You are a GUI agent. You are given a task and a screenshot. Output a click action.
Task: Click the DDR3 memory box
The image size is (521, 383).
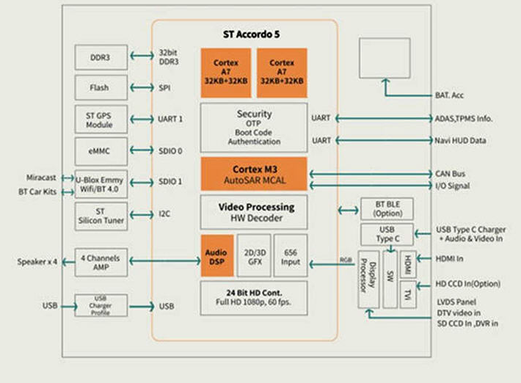click(x=101, y=57)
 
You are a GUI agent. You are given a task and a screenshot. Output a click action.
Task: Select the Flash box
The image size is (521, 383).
click(x=101, y=88)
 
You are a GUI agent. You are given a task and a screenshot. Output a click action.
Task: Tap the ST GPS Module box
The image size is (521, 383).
click(x=101, y=120)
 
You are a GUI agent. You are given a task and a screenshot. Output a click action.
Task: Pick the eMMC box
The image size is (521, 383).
click(x=101, y=151)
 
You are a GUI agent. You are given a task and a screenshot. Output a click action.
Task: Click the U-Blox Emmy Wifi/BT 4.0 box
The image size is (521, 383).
click(x=101, y=184)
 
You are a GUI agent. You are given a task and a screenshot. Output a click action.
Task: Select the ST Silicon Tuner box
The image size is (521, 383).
click(x=101, y=216)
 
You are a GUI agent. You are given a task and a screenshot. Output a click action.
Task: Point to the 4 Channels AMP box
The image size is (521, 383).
click(x=101, y=263)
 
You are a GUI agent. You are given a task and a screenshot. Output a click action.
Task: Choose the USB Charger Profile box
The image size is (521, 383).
click(x=101, y=305)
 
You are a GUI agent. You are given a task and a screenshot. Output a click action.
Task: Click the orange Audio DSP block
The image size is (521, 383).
click(x=217, y=256)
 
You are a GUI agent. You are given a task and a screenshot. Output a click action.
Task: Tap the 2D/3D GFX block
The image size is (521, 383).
click(x=254, y=256)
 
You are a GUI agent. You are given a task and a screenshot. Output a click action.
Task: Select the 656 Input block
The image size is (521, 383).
click(x=291, y=256)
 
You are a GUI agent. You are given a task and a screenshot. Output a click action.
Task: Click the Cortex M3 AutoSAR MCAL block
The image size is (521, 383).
click(x=254, y=174)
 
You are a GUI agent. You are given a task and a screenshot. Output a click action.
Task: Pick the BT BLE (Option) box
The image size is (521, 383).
click(x=387, y=209)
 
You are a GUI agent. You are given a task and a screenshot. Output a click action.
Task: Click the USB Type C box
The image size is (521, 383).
click(x=387, y=234)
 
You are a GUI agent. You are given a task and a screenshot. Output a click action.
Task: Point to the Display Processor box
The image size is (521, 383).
click(x=368, y=280)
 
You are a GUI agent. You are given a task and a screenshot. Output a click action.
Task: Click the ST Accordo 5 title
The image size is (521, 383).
click(x=252, y=34)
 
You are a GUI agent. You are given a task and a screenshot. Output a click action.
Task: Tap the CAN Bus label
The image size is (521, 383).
click(x=451, y=174)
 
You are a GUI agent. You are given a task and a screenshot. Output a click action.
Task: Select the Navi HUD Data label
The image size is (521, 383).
click(x=461, y=141)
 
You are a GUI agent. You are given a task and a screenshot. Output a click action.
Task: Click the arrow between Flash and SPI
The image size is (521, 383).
click(x=142, y=88)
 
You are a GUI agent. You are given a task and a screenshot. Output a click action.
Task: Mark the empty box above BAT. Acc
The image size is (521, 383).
click(x=385, y=58)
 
